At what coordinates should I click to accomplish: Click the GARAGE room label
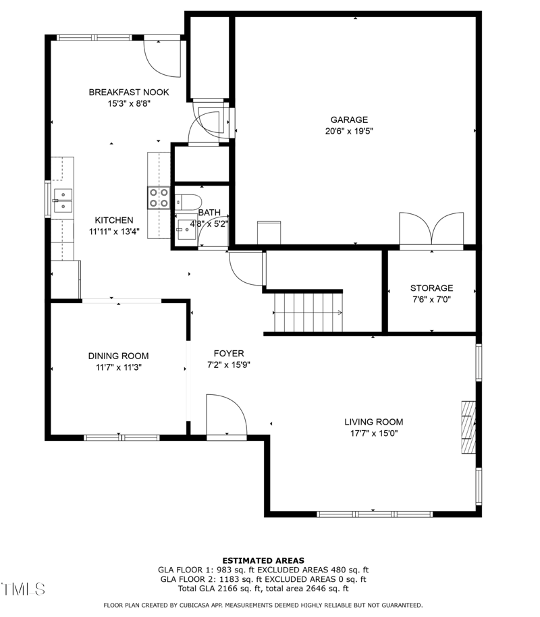click(349, 120)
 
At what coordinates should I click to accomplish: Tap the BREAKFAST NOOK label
click(129, 92)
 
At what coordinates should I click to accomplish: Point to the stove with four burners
click(159, 198)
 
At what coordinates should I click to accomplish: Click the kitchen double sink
click(63, 200)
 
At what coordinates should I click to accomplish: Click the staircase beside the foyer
click(308, 313)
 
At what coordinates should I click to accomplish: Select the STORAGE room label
click(431, 288)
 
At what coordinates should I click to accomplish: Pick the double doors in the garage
click(431, 232)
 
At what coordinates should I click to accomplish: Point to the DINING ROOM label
click(118, 356)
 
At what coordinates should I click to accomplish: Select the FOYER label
click(229, 354)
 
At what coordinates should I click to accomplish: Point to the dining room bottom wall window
click(122, 437)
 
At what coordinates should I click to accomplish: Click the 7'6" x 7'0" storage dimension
click(431, 300)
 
